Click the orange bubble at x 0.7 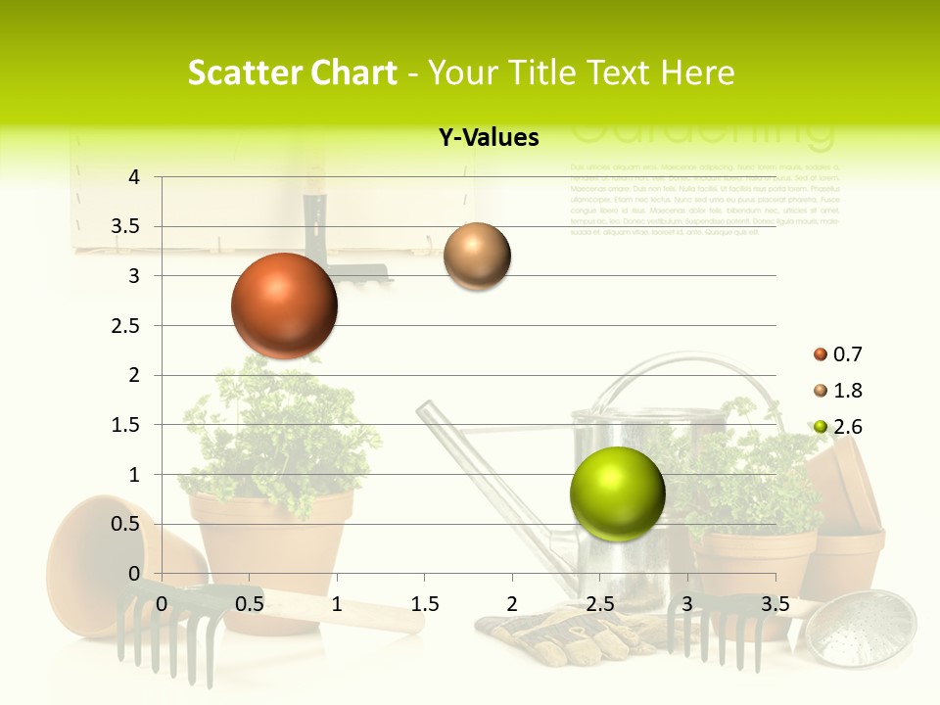tap(284, 305)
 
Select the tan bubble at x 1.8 tap(477, 257)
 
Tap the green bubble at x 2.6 tap(617, 493)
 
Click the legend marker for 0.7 tap(820, 354)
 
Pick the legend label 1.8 tap(848, 391)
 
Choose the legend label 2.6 tap(848, 427)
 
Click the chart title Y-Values tap(489, 138)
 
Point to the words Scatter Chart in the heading tap(292, 72)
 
